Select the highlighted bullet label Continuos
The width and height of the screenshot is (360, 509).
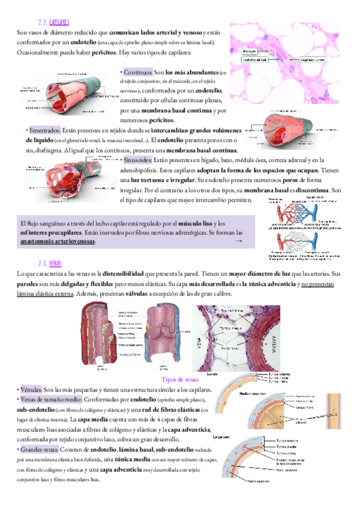click(x=137, y=71)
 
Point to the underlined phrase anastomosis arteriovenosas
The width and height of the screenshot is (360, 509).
click(x=58, y=241)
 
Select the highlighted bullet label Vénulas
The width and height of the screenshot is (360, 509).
click(x=31, y=390)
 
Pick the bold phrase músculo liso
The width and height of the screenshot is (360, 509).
click(x=194, y=222)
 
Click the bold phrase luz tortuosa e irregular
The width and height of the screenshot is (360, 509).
click(x=162, y=180)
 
